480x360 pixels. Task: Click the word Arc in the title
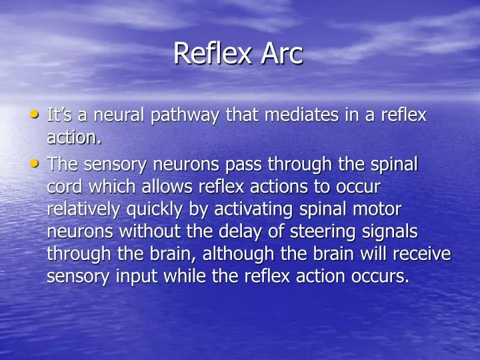tap(282, 54)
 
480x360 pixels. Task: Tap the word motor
tap(378, 209)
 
